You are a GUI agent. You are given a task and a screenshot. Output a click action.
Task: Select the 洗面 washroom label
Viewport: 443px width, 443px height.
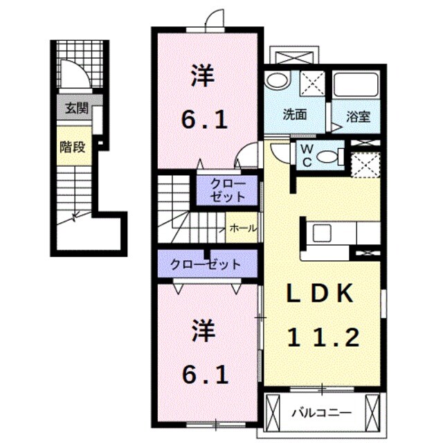tap(294, 115)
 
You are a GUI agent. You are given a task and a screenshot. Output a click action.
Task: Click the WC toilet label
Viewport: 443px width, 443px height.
tap(305, 156)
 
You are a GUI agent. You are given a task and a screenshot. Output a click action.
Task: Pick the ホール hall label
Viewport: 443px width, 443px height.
tap(242, 227)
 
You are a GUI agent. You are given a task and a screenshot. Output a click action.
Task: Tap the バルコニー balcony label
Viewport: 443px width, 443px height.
tap(320, 412)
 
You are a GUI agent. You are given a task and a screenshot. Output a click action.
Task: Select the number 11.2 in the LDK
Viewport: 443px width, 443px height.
tap(323, 338)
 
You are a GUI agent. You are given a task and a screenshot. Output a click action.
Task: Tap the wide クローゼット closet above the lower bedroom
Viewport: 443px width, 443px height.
tap(207, 264)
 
